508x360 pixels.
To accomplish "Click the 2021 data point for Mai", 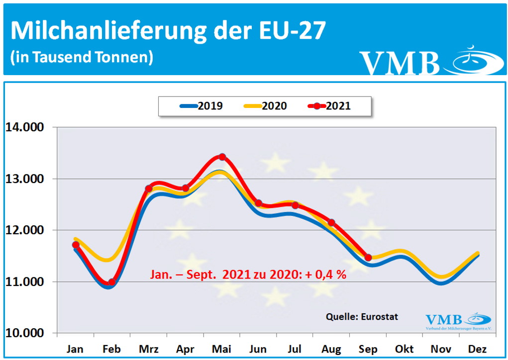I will [222, 157].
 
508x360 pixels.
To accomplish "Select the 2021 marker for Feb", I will [111, 282].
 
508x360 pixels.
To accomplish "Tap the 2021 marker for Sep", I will [368, 258].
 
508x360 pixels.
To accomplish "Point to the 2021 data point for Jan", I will [76, 245].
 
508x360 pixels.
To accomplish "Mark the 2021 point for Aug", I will [331, 222].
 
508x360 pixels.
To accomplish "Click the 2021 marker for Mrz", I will [148, 188].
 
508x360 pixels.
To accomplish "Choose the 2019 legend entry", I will [201, 106].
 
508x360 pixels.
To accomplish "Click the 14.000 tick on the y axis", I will [25, 127].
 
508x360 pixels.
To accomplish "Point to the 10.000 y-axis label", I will [25, 333].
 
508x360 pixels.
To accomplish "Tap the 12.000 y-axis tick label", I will [25, 230].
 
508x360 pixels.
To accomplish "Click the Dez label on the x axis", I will [477, 349].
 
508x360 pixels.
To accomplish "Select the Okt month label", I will [404, 349].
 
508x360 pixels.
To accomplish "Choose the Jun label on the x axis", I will [258, 349].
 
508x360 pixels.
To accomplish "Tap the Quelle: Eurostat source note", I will [362, 316].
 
